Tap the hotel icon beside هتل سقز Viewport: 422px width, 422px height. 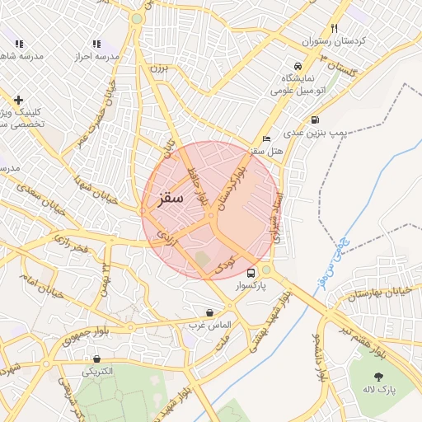pos(265,138)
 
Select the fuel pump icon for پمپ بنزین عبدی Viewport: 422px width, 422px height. pos(316,132)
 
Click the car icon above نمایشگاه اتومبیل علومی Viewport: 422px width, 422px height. pos(297,67)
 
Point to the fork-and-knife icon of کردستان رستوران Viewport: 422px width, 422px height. pos(334,27)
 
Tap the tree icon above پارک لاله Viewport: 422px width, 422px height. pos(378,376)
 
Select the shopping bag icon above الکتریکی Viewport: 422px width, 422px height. pos(97,359)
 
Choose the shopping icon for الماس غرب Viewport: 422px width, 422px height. pos(210,313)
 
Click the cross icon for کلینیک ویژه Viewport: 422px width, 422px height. pos(18,100)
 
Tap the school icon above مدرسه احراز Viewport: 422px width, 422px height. pos(96,44)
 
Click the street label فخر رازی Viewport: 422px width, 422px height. pos(70,243)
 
